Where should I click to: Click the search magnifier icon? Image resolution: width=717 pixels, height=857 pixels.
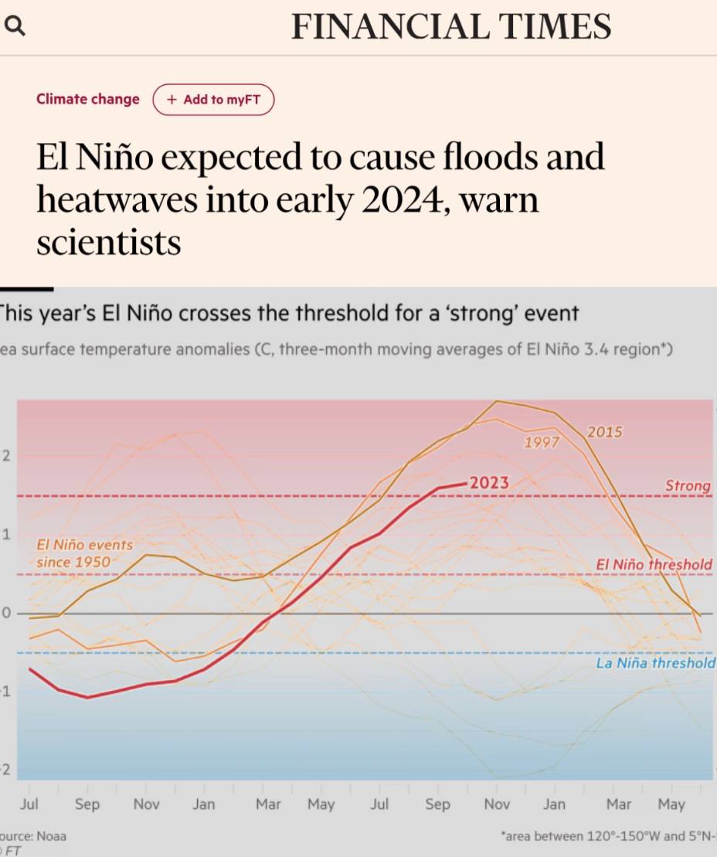[x=15, y=27]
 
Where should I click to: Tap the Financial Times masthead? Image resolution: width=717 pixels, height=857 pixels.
[x=451, y=27]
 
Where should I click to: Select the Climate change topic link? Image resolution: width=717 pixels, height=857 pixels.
[x=88, y=99]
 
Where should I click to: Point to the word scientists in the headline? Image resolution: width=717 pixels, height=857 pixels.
[x=108, y=243]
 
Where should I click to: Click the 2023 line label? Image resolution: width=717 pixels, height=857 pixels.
[x=490, y=483]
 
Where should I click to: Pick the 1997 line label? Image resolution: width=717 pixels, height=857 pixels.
[x=541, y=443]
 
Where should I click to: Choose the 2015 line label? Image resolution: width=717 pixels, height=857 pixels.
[x=604, y=432]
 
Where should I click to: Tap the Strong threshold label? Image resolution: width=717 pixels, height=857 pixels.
[x=688, y=485]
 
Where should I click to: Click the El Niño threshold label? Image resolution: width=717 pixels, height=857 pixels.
[x=654, y=565]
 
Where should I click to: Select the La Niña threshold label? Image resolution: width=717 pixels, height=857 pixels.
[x=655, y=663]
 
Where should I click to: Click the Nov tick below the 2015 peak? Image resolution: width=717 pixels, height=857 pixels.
[x=497, y=804]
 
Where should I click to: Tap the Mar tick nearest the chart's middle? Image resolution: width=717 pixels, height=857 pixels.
[x=268, y=804]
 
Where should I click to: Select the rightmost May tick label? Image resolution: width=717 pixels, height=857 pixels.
[x=671, y=804]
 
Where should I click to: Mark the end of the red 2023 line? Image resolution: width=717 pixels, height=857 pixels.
[x=466, y=484]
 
